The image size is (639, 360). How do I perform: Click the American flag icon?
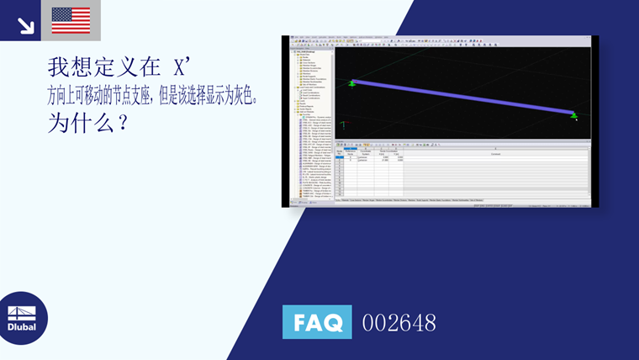(x=71, y=20)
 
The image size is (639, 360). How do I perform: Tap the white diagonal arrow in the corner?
(x=25, y=24)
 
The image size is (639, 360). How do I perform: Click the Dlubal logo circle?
(x=22, y=319)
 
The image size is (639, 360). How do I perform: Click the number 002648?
(x=399, y=323)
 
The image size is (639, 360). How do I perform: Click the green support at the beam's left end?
(x=352, y=83)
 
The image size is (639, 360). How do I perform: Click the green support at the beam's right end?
(x=574, y=114)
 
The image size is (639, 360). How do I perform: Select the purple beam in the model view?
(x=462, y=98)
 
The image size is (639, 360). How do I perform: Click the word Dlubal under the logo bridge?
(x=22, y=326)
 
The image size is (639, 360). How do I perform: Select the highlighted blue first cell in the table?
(x=340, y=157)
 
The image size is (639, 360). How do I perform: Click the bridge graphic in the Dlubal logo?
(x=22, y=310)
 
